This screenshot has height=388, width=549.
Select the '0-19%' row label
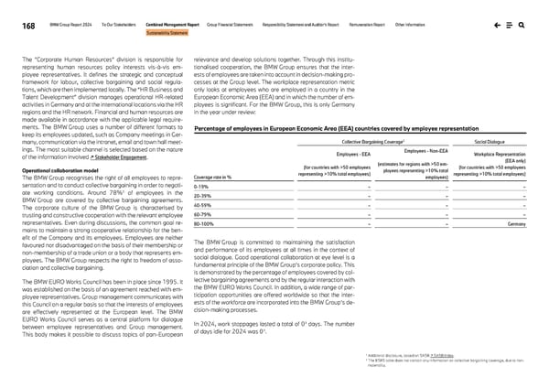(202, 187)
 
